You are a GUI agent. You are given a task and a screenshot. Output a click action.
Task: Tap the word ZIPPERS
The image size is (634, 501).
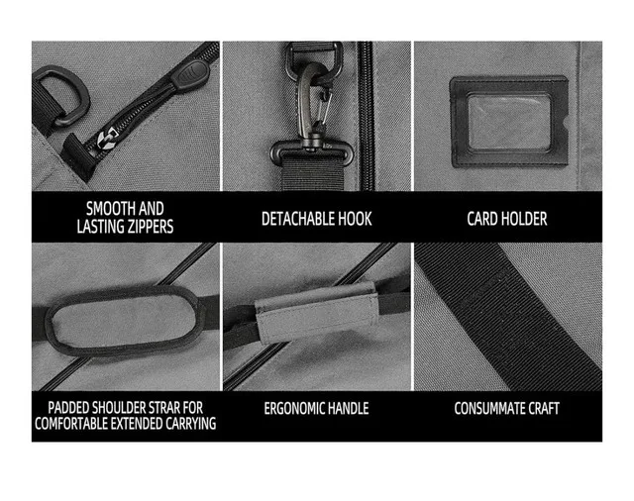point(144,227)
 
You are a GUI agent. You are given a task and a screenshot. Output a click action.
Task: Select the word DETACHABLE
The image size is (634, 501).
point(294,218)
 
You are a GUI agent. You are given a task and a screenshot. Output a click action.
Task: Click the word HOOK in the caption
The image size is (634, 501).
point(354,218)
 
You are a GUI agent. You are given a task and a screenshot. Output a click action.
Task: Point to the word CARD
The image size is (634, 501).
point(484,218)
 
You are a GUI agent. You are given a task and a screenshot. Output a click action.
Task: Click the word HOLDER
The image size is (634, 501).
point(526,218)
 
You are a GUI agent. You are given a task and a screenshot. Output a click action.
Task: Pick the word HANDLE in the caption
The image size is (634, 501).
point(346,408)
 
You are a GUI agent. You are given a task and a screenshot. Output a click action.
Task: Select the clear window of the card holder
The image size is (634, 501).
point(508,121)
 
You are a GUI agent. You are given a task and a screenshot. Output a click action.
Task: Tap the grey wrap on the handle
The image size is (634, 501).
point(317,312)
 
